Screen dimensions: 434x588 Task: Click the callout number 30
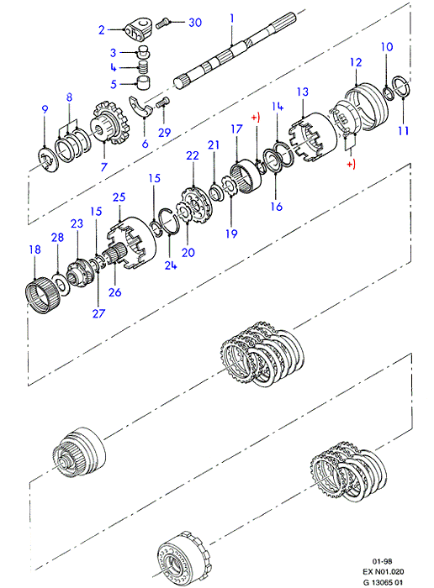click(x=195, y=23)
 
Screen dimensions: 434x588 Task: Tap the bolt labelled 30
click(x=162, y=24)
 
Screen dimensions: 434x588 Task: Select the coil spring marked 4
click(x=142, y=67)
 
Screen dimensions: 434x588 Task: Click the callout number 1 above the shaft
click(x=232, y=18)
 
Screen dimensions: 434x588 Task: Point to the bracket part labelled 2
click(x=138, y=29)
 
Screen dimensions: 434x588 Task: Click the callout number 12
click(x=356, y=62)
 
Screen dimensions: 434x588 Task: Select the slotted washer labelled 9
click(x=49, y=160)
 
